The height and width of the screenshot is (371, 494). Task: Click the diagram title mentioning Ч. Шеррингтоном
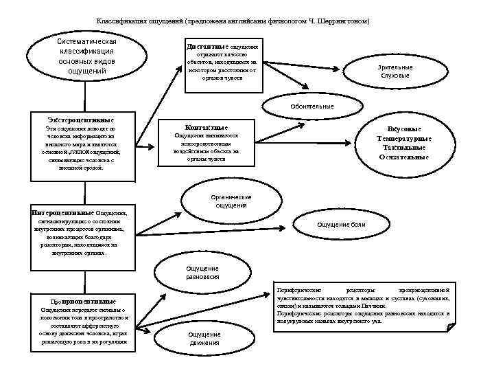coord(233,21)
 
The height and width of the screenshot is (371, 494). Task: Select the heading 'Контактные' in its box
coord(207,128)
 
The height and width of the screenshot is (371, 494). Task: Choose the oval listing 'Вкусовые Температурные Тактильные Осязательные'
coord(404,143)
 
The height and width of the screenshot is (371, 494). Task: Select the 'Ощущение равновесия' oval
coord(202,272)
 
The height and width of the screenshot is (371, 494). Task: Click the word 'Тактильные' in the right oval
coord(404,148)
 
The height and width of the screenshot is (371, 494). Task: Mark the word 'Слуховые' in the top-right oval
coord(395,75)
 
